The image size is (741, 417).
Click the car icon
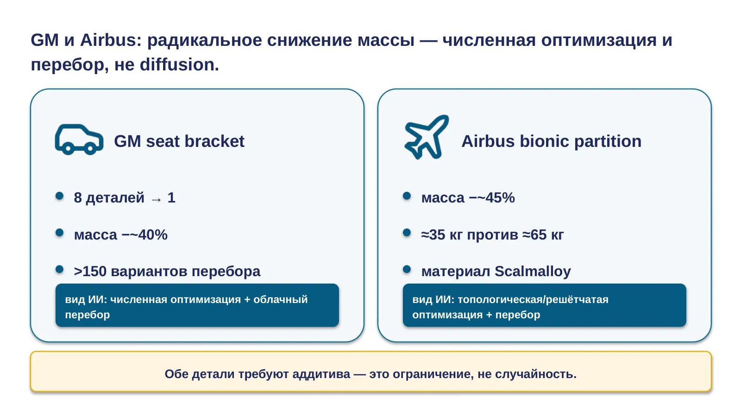[x=79, y=140]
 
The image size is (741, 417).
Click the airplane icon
[x=427, y=137]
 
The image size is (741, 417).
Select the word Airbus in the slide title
[x=111, y=40]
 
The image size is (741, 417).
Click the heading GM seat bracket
[x=179, y=141]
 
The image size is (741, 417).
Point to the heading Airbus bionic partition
[x=552, y=141]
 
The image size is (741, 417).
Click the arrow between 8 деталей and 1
[x=156, y=199]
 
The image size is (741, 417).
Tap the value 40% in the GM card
[x=153, y=234]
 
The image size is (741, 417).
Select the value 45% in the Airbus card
[x=500, y=197]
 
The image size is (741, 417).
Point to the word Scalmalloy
[x=533, y=272]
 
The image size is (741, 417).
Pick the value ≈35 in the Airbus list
[x=433, y=234]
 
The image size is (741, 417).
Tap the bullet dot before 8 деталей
[x=60, y=196]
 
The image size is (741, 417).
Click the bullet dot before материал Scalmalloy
[x=407, y=269]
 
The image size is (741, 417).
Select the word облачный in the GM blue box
[x=281, y=299]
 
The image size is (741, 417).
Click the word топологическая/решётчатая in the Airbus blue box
[x=533, y=299]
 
